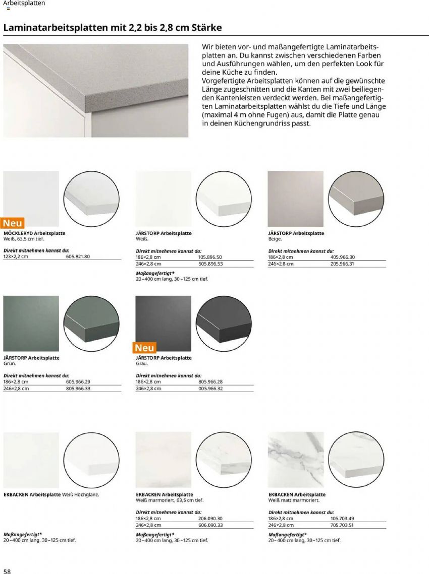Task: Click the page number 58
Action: (x=7, y=570)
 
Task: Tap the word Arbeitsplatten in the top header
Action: (x=24, y=3)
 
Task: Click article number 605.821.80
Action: (x=78, y=257)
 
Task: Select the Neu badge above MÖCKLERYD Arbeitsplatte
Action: (x=13, y=223)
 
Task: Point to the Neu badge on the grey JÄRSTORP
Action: (x=145, y=348)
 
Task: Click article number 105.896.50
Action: (x=210, y=257)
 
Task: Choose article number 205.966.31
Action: (x=342, y=264)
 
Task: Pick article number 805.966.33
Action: (x=78, y=389)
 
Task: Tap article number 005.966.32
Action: (x=210, y=389)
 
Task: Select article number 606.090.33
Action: (x=210, y=525)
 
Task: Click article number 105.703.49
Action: (x=342, y=519)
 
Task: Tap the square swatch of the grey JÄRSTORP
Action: (x=164, y=323)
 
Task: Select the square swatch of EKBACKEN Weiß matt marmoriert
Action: (x=295, y=460)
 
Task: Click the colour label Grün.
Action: (x=10, y=363)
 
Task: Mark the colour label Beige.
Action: (x=275, y=239)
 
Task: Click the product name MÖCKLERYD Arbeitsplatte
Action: (x=34, y=233)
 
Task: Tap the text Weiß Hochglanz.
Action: (x=81, y=495)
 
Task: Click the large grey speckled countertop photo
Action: (x=96, y=91)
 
